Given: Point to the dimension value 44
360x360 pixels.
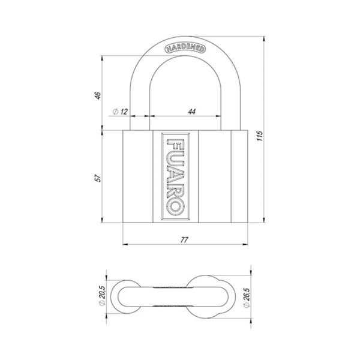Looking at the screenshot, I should [x=191, y=112].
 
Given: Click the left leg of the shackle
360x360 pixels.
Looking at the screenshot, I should [x=139, y=108].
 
